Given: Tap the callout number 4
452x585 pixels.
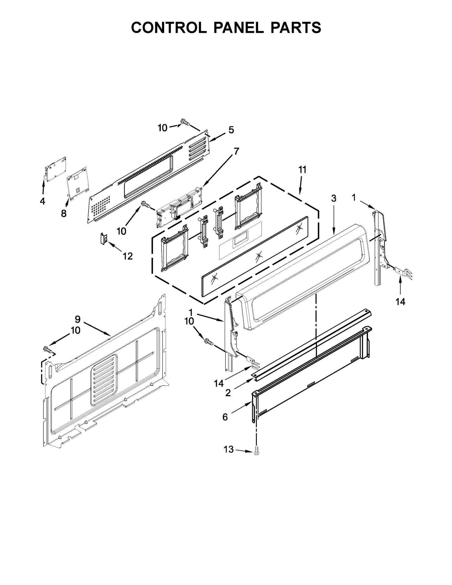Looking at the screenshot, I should (42, 201).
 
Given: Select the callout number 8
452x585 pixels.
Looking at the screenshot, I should (64, 214).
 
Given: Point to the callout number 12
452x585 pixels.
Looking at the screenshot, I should (128, 256).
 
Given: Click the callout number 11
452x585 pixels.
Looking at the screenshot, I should (302, 170).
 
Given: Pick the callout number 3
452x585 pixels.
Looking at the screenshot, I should (334, 198).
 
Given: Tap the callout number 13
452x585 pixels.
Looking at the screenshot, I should (229, 450).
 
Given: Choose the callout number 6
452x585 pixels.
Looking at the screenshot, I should (225, 417).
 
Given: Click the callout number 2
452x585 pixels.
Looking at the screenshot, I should (228, 393).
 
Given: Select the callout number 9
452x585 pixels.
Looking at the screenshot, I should (78, 319).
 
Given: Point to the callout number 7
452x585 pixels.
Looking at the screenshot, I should (236, 151).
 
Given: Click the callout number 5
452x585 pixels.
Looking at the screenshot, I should (231, 130).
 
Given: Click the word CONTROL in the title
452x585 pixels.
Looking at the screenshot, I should (169, 28).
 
